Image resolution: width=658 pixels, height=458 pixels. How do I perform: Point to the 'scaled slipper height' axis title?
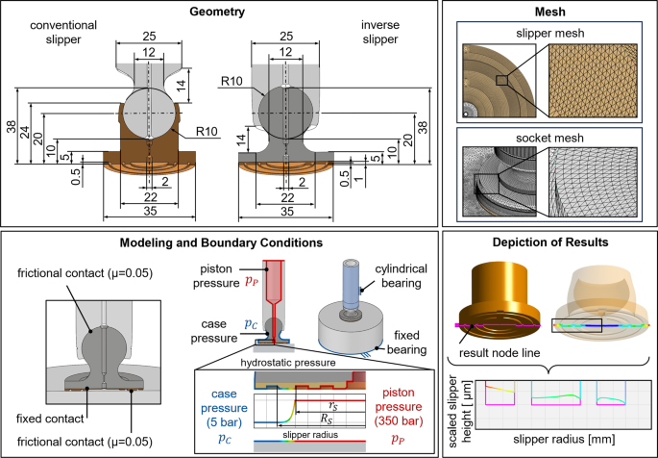click(454, 408)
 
